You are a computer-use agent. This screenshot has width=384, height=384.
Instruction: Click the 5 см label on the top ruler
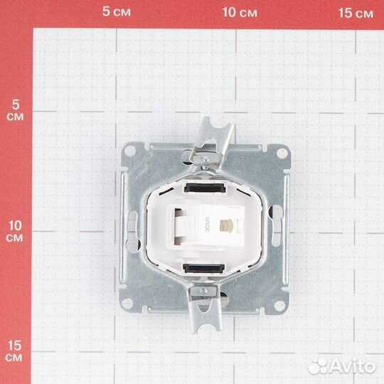point(117,11)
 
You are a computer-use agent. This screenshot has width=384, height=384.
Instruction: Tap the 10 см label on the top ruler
point(240,12)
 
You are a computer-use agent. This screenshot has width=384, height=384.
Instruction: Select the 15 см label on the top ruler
point(356,13)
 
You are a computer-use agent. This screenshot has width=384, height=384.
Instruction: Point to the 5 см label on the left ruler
point(15,110)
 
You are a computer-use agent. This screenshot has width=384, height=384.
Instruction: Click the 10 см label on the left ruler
point(15,231)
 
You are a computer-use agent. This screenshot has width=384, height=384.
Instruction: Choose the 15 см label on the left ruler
point(14,351)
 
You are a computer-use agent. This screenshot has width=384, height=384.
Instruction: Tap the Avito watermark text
point(353,367)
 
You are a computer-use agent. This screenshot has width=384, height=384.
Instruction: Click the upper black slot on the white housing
point(205,188)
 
